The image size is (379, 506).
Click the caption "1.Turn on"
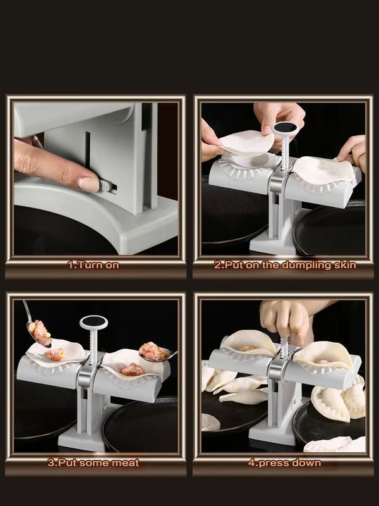click(x=93, y=265)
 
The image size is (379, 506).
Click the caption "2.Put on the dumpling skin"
click(x=284, y=265)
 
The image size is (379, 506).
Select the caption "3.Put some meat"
click(x=93, y=463)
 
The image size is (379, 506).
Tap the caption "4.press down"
click(x=284, y=463)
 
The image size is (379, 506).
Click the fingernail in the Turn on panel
click(x=88, y=184)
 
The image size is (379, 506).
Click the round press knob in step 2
click(x=282, y=128)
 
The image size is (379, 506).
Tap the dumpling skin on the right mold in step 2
click(x=325, y=169)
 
